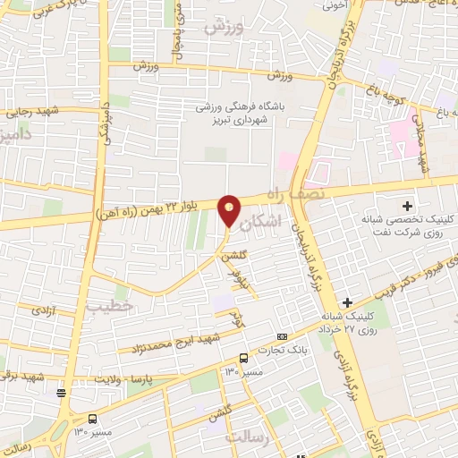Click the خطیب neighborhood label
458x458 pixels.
pos(110,305)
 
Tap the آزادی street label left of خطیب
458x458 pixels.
pos(42,310)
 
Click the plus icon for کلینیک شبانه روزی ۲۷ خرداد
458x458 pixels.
pos(348,301)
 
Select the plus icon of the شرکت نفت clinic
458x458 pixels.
pos(407,206)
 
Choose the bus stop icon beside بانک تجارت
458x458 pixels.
pos(242,359)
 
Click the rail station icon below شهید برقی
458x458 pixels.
pos(61,392)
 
